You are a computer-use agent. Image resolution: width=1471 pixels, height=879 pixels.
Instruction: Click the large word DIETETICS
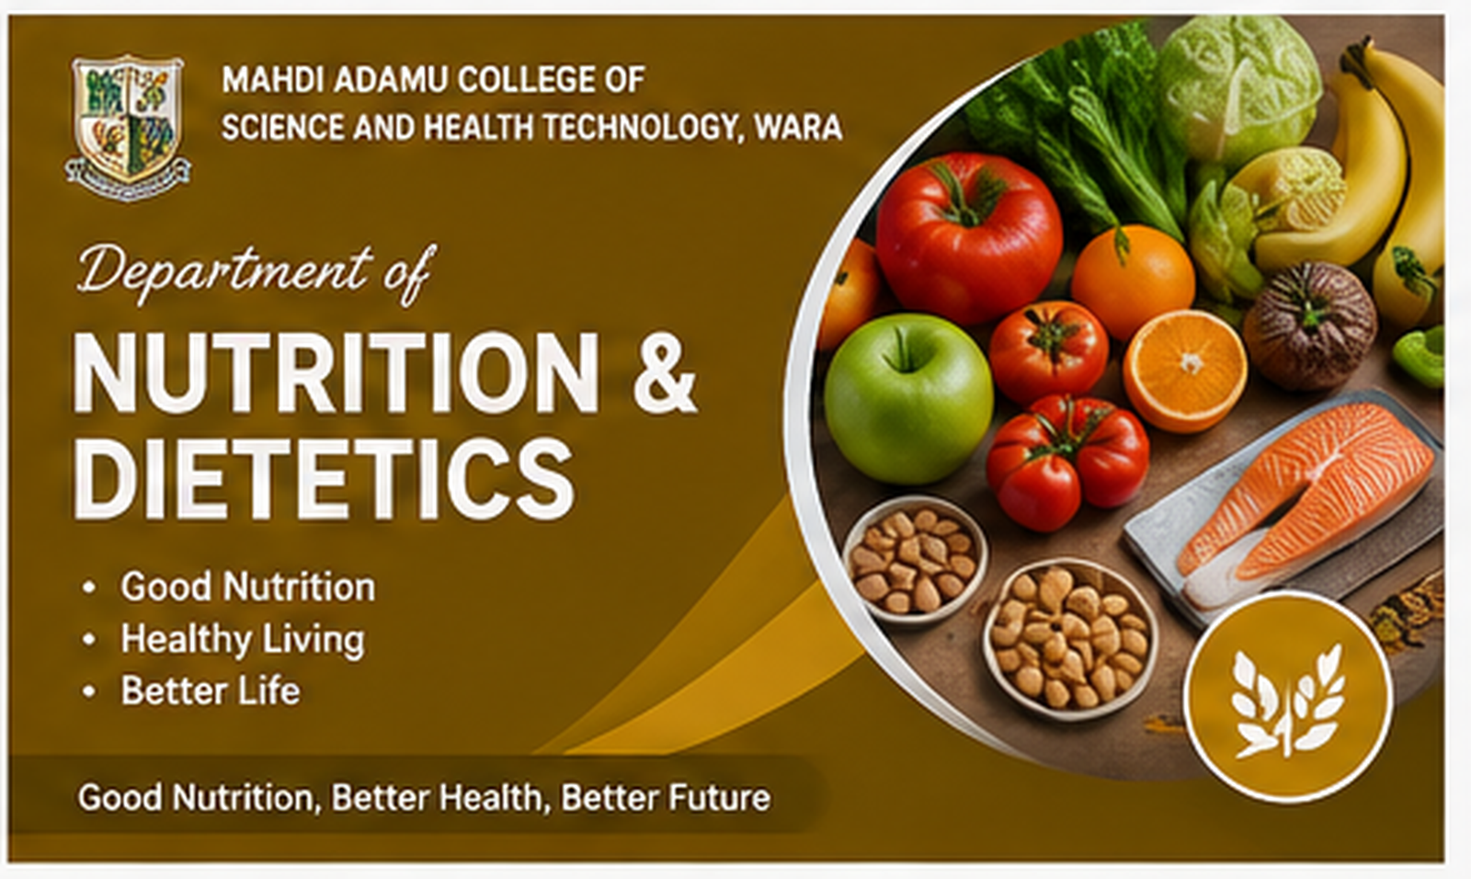click(x=325, y=480)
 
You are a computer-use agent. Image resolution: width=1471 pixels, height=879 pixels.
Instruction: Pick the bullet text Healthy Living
click(x=243, y=639)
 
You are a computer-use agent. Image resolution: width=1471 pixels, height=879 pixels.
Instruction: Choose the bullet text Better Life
click(x=211, y=691)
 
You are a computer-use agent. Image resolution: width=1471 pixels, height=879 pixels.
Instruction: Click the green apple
click(x=908, y=399)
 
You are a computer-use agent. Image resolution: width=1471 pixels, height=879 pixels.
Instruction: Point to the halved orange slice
click(x=1185, y=371)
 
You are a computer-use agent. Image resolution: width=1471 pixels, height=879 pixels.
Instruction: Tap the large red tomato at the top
click(x=969, y=237)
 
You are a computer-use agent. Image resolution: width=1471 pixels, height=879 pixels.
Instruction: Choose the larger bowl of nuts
click(x=1069, y=638)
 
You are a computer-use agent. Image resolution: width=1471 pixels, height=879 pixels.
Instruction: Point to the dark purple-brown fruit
click(x=1309, y=325)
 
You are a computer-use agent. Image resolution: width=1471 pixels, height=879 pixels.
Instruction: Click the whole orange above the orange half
click(x=1133, y=281)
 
